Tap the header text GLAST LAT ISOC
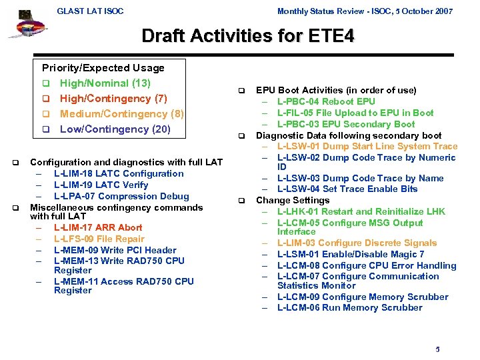click(x=90, y=11)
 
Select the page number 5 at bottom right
click(x=437, y=349)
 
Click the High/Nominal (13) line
click(x=105, y=83)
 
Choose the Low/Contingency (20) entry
click(x=115, y=129)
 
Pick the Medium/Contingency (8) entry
click(x=121, y=114)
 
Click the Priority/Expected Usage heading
click(x=103, y=68)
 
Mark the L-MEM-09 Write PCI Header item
click(x=115, y=249)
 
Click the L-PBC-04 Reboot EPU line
click(x=326, y=101)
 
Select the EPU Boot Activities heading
click(x=336, y=90)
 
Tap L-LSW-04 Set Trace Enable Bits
click(x=347, y=189)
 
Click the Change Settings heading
click(x=293, y=200)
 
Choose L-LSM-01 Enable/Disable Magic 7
click(x=351, y=254)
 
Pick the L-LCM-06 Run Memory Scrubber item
click(x=349, y=307)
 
